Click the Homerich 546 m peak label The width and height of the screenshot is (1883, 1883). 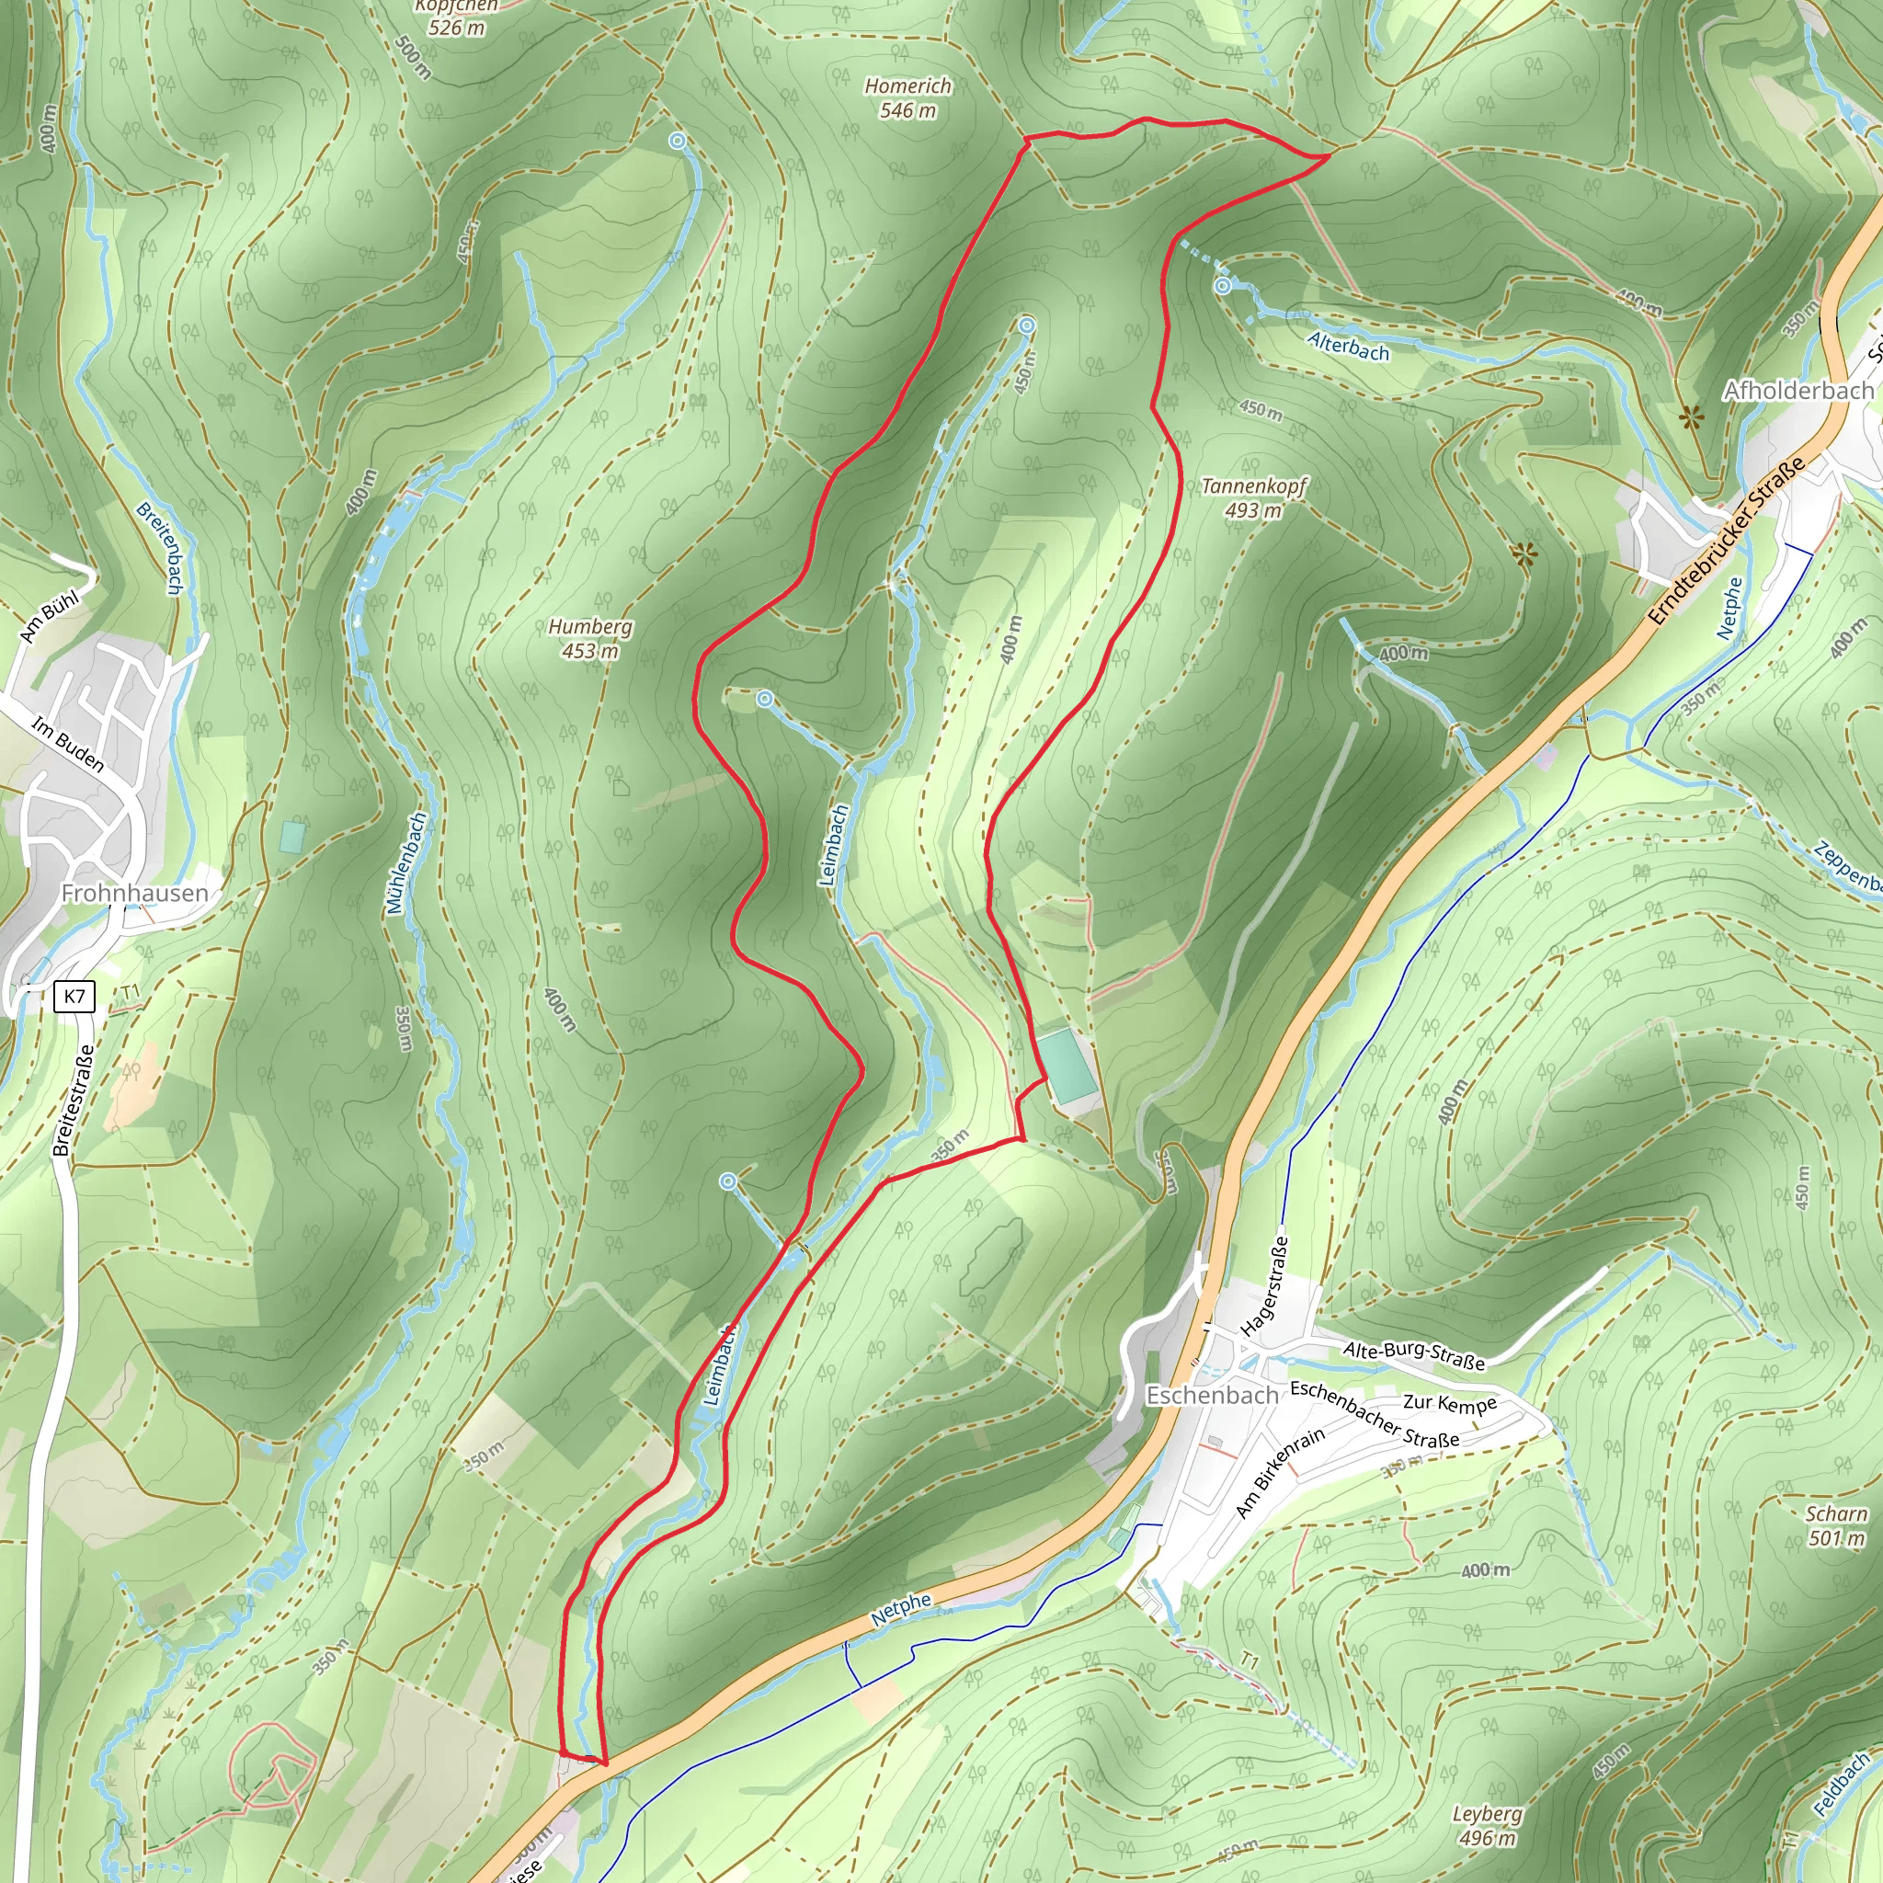[907, 97]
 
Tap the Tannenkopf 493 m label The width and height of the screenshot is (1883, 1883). [1253, 497]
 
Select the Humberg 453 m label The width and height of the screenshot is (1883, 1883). [589, 638]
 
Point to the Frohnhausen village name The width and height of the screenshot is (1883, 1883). [134, 893]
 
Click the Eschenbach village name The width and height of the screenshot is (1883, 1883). [1212, 1396]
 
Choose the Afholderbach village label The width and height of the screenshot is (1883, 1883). [1797, 391]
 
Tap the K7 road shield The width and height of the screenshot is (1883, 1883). [75, 995]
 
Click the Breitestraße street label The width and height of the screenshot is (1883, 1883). [75, 1101]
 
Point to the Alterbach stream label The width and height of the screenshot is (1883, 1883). [1348, 346]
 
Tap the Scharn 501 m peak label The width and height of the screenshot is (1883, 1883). [1836, 1525]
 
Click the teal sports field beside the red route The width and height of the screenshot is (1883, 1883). [1064, 1067]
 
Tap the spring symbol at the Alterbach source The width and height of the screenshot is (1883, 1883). [1222, 286]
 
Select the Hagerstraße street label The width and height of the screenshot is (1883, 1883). [1265, 1286]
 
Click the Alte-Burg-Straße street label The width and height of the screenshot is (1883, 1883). [1413, 1354]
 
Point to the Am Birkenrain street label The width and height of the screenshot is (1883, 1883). [1280, 1472]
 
